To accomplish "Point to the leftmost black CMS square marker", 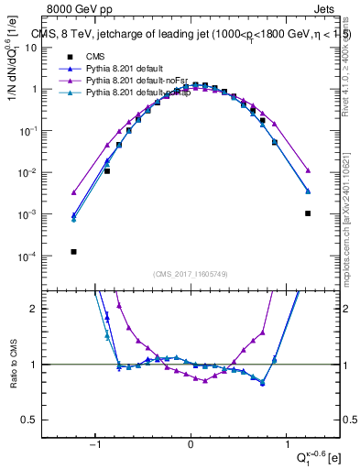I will [73, 251].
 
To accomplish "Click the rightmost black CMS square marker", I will [309, 213].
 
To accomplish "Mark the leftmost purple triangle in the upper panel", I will [73, 192].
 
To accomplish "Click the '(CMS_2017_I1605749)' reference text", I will [191, 274].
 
